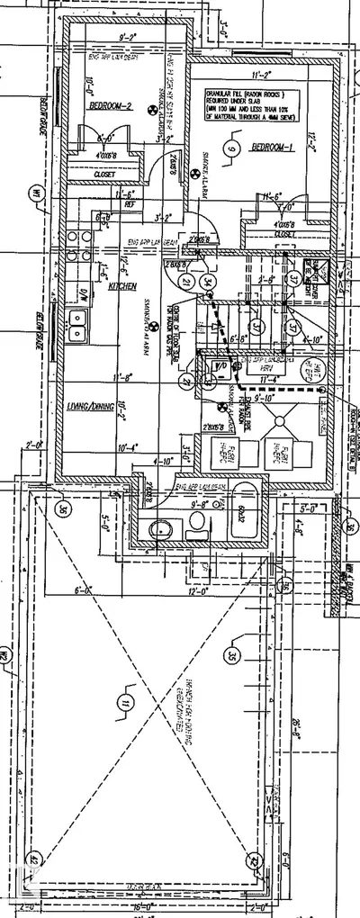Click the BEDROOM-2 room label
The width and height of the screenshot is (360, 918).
109,106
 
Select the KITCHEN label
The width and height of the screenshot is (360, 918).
121,285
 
